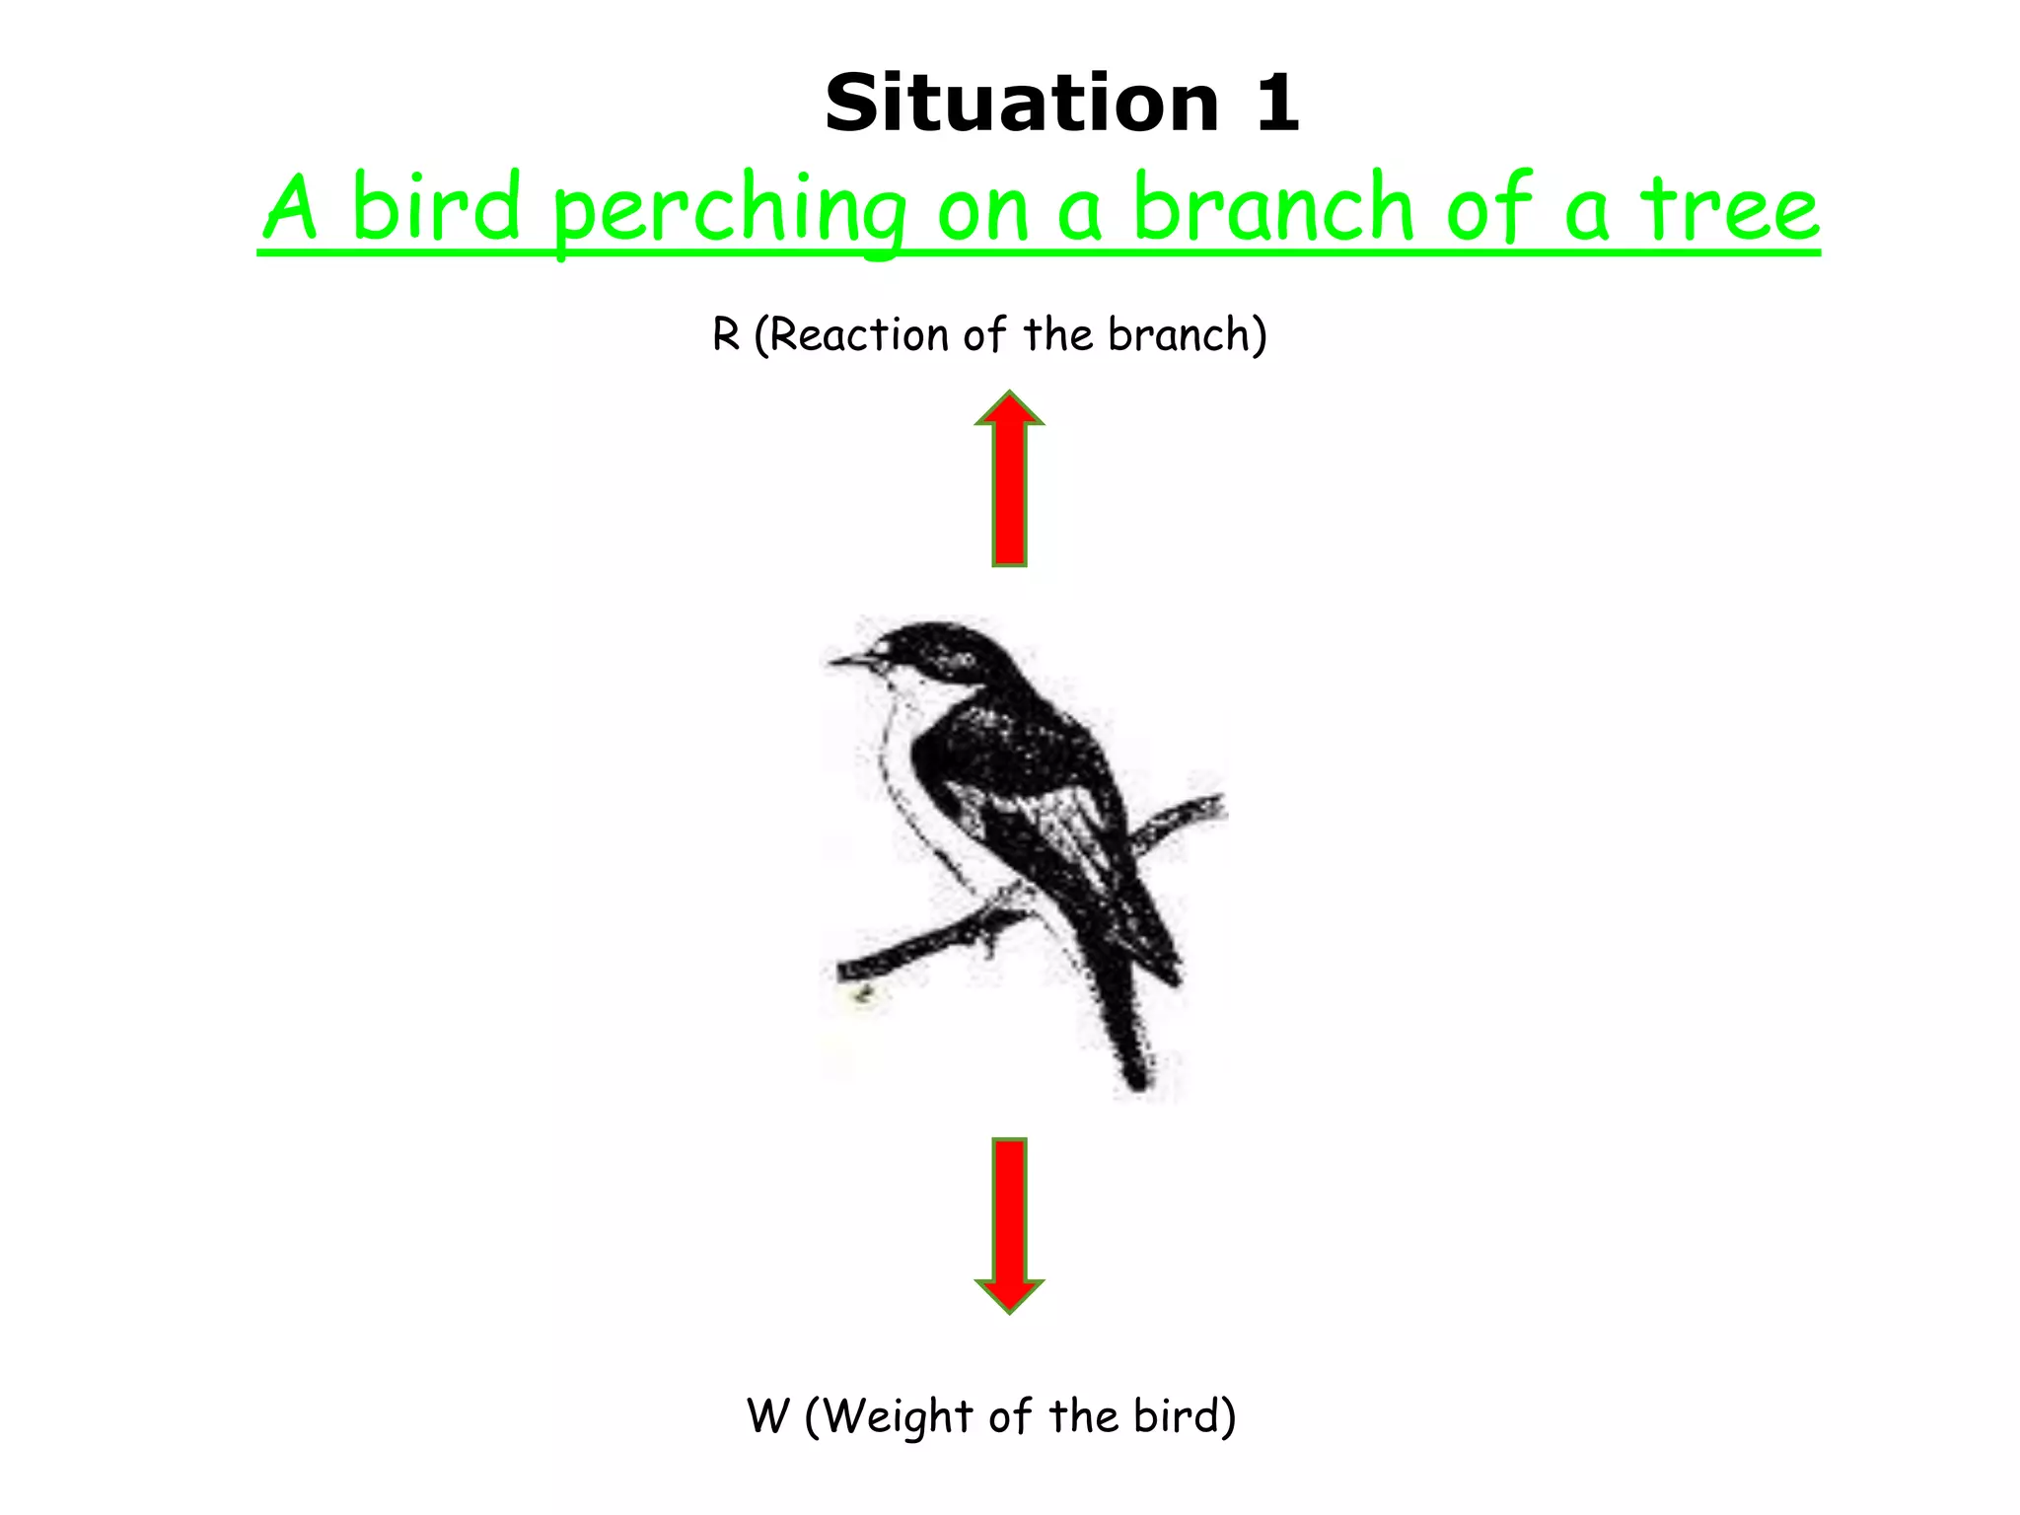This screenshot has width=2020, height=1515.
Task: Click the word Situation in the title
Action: coord(1022,104)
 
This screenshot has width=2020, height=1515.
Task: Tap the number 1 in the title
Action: coord(1277,104)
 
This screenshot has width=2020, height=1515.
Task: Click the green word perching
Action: coord(729,212)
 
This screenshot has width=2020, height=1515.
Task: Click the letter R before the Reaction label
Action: coord(726,335)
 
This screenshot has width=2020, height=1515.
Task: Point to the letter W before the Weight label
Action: coord(768,1416)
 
